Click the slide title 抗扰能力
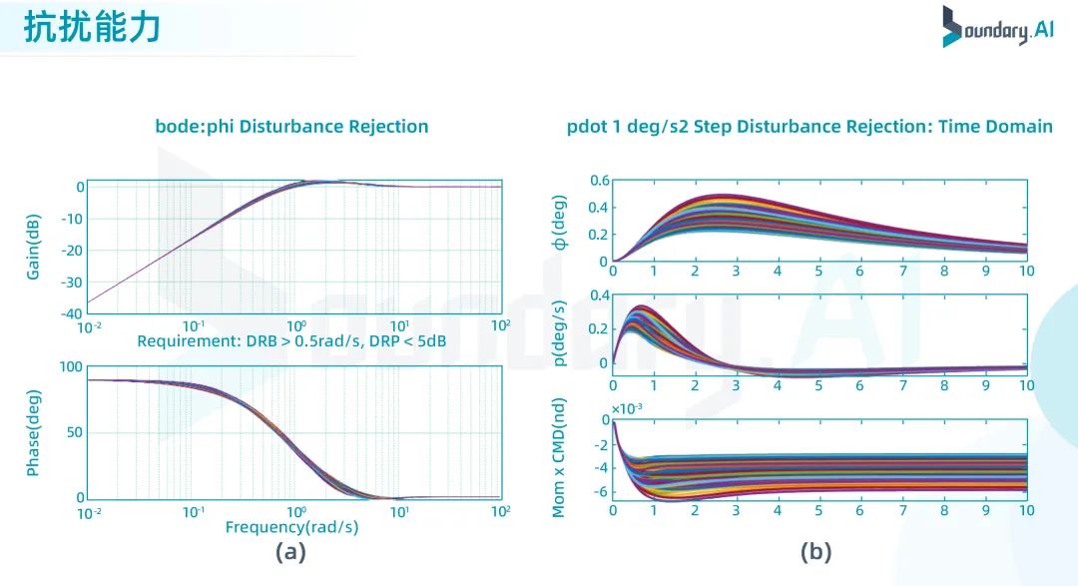tap(92, 28)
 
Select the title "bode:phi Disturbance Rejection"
tap(291, 127)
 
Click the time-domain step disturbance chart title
tap(809, 127)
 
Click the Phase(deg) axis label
tap(34, 432)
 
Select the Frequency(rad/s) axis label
tap(291, 527)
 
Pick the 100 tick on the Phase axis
tap(69, 367)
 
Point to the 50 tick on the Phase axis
tap(73, 432)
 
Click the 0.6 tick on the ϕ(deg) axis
tap(598, 181)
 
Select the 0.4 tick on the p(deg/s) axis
tap(598, 295)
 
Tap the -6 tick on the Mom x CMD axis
tap(600, 492)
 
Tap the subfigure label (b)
tap(815, 552)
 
